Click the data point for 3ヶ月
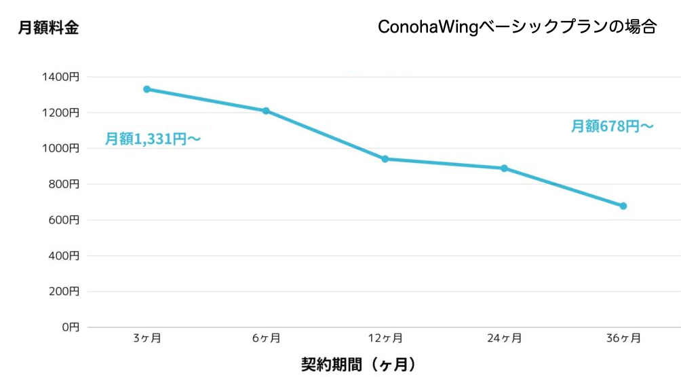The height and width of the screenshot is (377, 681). (x=147, y=89)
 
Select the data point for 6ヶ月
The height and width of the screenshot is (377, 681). (x=266, y=111)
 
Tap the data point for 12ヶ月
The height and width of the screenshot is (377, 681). (x=385, y=159)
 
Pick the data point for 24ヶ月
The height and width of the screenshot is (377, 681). (x=504, y=168)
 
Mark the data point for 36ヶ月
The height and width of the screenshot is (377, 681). (x=623, y=206)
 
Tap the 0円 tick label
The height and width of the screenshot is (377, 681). (x=71, y=327)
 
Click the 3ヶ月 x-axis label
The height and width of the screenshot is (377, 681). (x=147, y=338)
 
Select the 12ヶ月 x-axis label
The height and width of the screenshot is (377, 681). (x=385, y=338)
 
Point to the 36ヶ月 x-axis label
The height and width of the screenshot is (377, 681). (x=623, y=338)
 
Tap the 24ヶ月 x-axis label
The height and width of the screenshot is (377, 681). (x=504, y=338)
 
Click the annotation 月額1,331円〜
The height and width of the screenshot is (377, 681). (x=153, y=139)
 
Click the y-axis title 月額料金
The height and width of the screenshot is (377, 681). (x=48, y=28)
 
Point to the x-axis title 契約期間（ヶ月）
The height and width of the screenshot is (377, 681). (x=358, y=364)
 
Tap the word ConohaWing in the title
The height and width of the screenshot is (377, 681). (x=427, y=27)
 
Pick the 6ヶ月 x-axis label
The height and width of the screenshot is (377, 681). (x=266, y=338)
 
